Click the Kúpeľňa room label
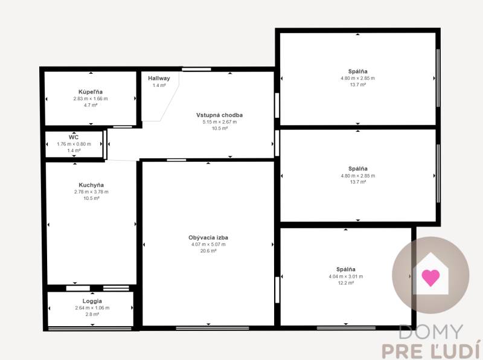(91, 92)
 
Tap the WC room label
(74, 137)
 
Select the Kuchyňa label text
(91, 185)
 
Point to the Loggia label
(92, 301)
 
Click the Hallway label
(159, 79)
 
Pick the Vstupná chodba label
(220, 115)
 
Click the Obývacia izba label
(208, 237)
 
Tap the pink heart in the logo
(430, 277)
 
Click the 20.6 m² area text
(208, 251)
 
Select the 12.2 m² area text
(346, 283)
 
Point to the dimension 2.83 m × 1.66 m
(91, 98)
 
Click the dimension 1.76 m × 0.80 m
(74, 144)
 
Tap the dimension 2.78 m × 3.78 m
(91, 191)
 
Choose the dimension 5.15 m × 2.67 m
(220, 122)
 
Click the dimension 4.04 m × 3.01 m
(346, 277)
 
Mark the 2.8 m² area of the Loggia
(92, 314)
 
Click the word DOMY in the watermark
(431, 332)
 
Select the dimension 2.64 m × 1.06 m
(92, 308)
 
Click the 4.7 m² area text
(91, 105)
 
